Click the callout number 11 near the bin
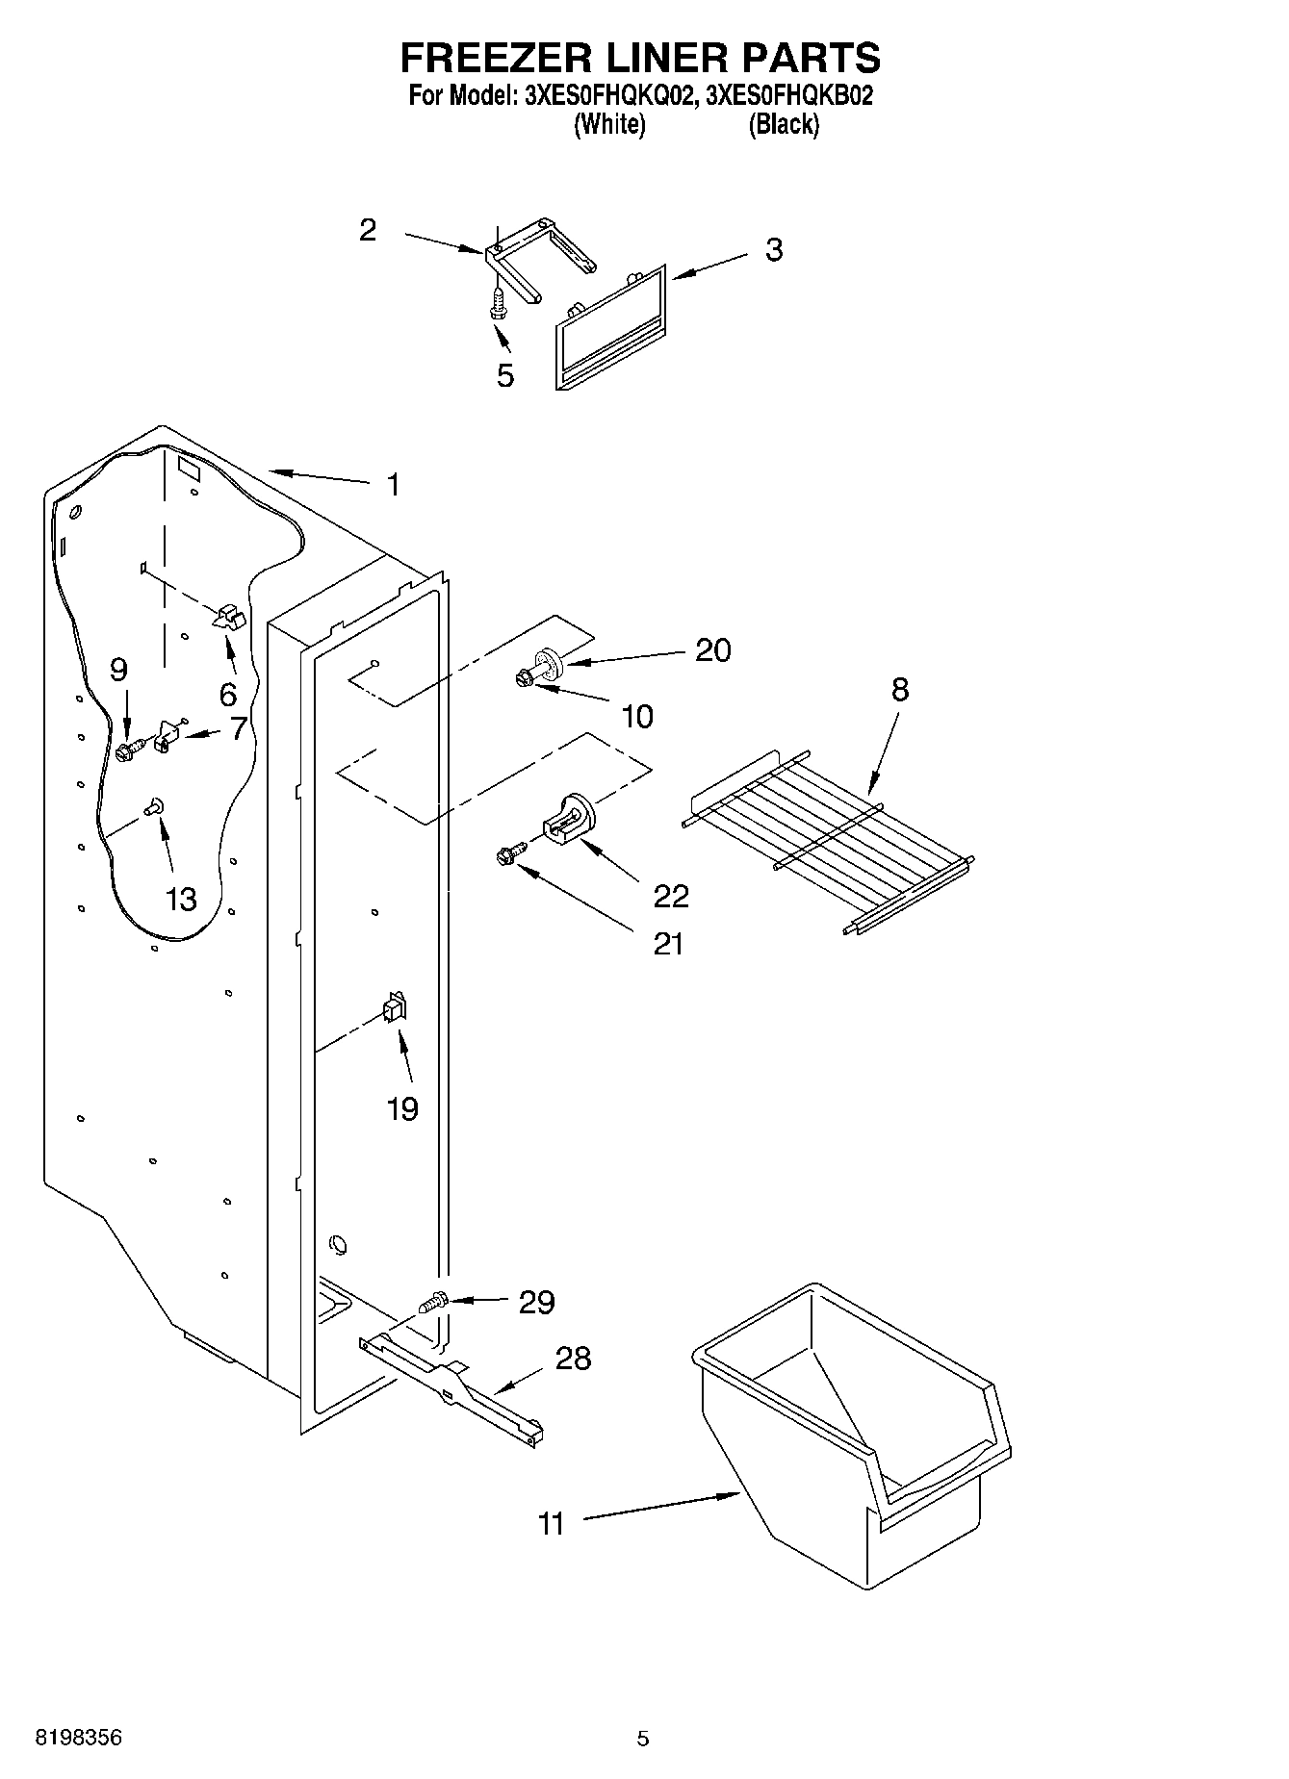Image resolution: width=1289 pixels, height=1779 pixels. (x=551, y=1524)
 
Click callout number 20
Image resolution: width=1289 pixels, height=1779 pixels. (x=712, y=650)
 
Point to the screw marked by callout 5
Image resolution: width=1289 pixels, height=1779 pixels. (x=498, y=305)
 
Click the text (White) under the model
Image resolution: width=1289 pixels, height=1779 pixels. (x=609, y=124)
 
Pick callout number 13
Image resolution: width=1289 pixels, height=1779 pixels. (x=181, y=899)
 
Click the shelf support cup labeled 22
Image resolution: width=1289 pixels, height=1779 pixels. (x=568, y=818)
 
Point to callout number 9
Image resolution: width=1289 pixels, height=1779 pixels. (x=118, y=670)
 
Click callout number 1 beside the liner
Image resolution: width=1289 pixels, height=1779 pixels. (x=392, y=484)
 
